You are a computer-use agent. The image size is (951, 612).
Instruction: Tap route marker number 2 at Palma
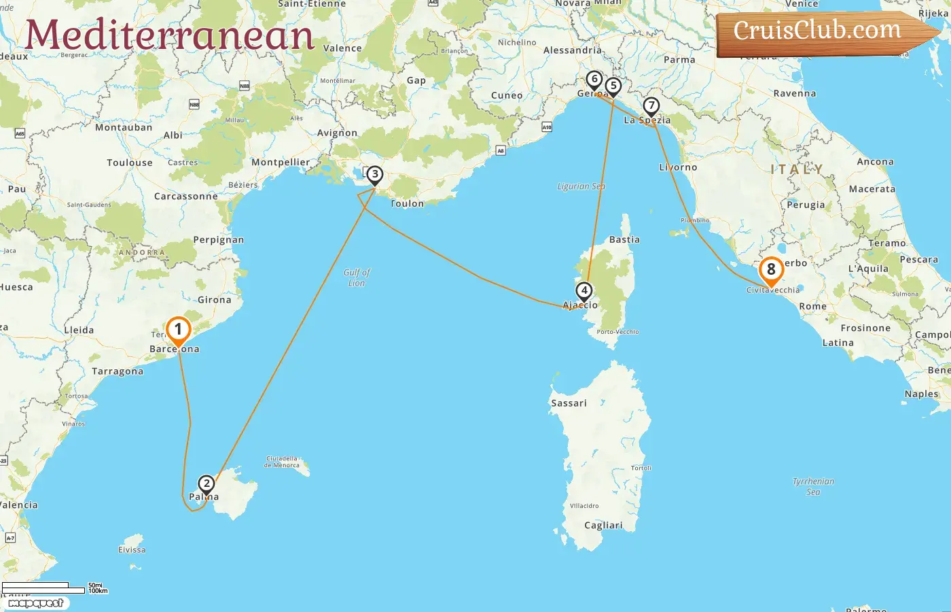click(206, 485)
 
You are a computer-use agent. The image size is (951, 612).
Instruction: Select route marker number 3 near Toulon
click(374, 175)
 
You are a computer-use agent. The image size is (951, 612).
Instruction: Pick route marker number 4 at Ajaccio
click(584, 291)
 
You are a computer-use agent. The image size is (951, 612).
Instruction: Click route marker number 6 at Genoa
click(594, 80)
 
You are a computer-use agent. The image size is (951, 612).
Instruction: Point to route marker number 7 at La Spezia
click(651, 106)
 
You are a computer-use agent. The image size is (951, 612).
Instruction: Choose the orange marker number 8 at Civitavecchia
click(771, 270)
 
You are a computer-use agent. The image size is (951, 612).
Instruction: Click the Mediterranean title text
click(170, 35)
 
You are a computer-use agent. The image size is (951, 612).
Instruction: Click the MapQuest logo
click(35, 603)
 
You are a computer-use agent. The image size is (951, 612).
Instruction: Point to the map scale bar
click(43, 588)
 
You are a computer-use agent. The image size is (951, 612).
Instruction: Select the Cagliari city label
click(603, 526)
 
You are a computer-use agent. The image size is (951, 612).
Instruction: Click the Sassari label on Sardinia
click(569, 403)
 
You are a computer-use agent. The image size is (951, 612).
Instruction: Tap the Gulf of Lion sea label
click(357, 277)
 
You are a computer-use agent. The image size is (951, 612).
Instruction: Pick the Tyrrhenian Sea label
click(813, 486)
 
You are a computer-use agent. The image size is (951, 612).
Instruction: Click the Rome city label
click(812, 307)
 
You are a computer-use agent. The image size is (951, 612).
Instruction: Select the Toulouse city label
click(130, 163)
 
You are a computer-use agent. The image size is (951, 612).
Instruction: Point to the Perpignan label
click(218, 240)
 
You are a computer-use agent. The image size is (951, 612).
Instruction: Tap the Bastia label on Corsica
click(624, 240)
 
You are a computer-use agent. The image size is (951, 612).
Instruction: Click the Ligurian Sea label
click(581, 186)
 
